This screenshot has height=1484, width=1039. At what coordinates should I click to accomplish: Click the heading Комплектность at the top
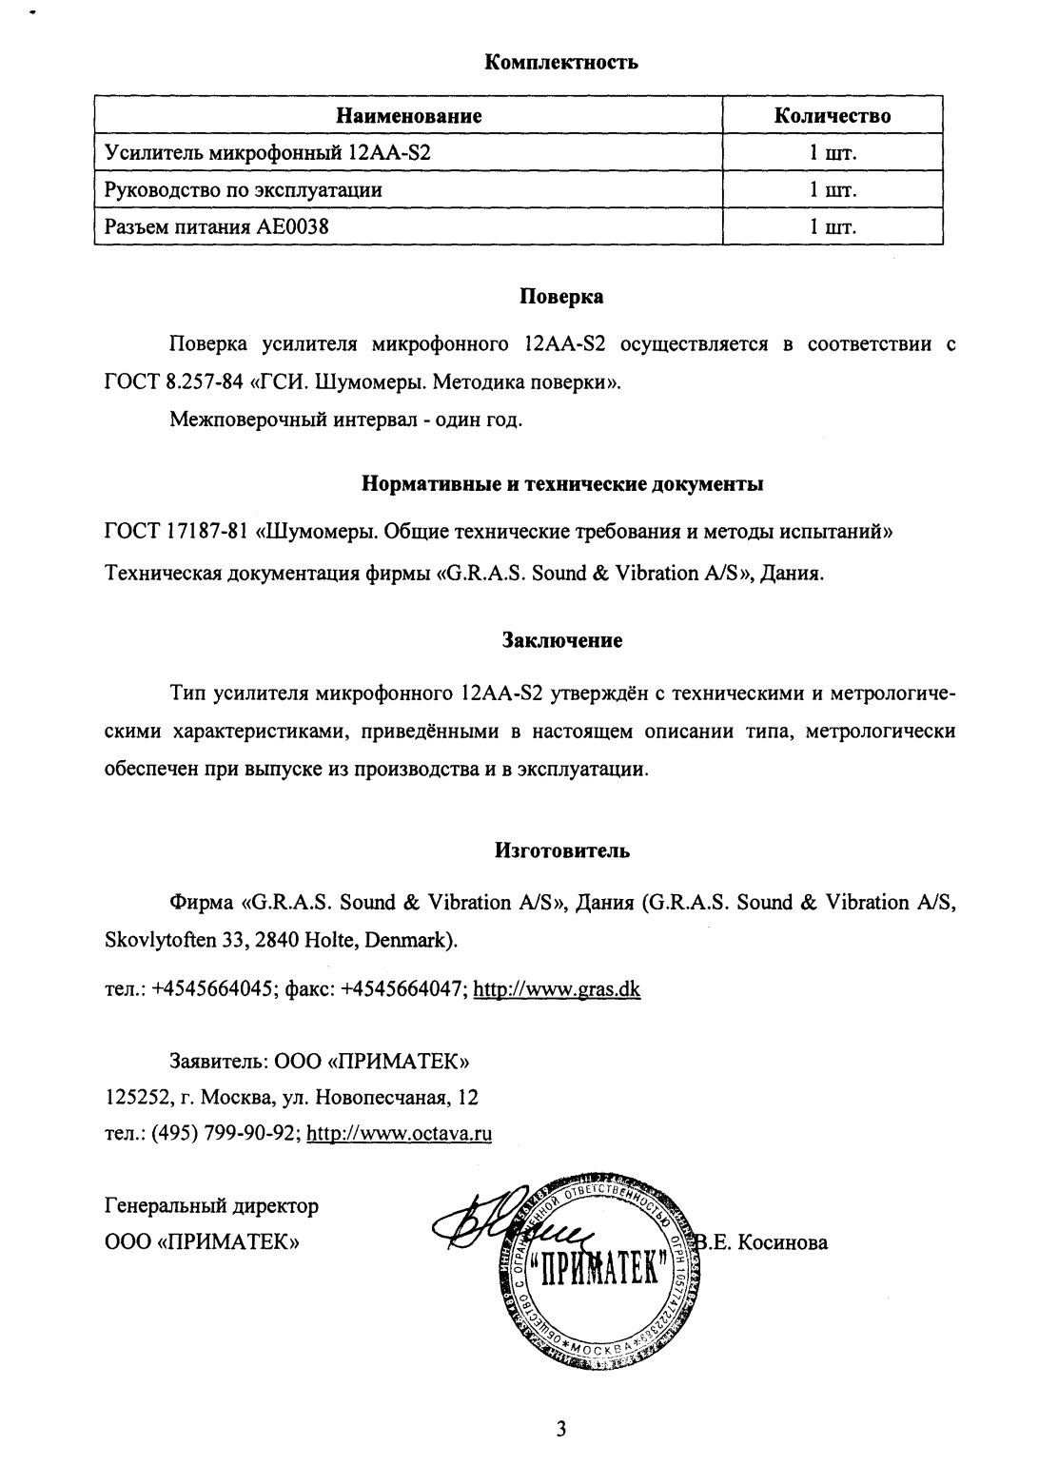click(x=561, y=63)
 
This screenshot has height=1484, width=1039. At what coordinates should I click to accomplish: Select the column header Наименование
click(x=409, y=116)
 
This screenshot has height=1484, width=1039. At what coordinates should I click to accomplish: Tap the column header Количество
click(x=833, y=116)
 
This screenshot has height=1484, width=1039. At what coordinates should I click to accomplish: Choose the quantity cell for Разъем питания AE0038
click(x=833, y=227)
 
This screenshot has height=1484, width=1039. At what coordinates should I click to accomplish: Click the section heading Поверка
click(x=561, y=296)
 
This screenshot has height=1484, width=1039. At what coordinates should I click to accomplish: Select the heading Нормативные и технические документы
click(x=561, y=484)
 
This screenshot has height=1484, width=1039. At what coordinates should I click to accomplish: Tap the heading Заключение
click(x=561, y=640)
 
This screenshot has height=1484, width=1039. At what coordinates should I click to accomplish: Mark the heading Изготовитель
click(x=561, y=850)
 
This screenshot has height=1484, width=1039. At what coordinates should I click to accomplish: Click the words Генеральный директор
click(x=210, y=1206)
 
